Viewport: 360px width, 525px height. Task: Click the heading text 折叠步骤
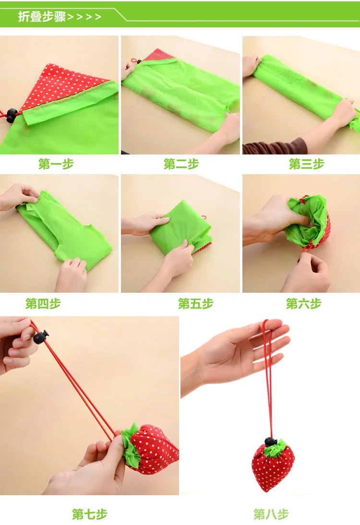coord(42,16)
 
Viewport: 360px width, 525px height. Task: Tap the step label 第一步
coord(56,164)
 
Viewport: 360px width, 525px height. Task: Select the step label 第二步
coord(181,164)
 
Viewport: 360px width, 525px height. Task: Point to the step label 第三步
coord(306,164)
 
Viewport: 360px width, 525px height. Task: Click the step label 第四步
coord(43,304)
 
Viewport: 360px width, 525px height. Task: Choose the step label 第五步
coord(195,304)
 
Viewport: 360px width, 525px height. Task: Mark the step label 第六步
coord(303,304)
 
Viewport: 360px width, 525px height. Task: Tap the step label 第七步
coord(90,514)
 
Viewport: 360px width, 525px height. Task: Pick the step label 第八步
coord(271,514)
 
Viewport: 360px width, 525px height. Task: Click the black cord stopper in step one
coord(12,115)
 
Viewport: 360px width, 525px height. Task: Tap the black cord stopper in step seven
coord(41,336)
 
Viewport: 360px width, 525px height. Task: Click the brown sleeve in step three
coord(275,147)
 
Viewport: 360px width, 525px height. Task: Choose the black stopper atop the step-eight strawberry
coord(271,441)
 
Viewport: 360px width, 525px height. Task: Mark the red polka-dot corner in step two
coord(158,56)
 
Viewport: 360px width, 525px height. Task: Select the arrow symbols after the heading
coord(84,17)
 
